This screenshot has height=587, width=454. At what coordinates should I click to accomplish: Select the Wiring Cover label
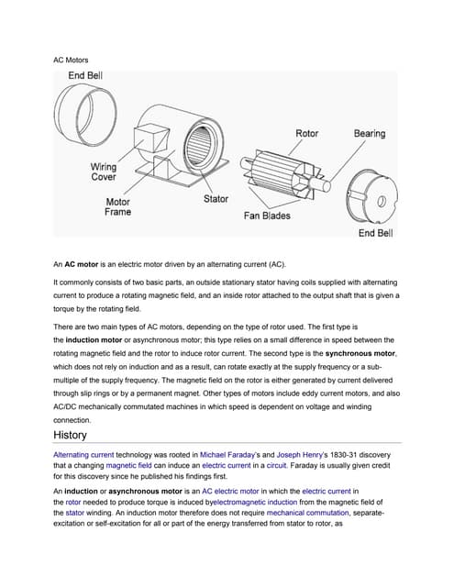103,172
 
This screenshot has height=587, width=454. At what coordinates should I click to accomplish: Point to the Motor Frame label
117,206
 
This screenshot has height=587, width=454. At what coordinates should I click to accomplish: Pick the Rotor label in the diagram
306,134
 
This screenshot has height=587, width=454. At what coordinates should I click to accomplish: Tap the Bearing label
370,134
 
